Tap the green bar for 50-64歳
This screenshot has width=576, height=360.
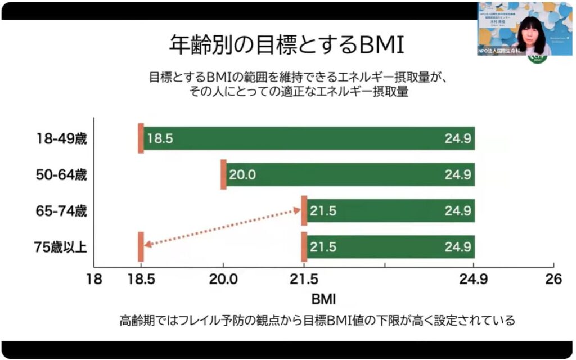[x=349, y=174]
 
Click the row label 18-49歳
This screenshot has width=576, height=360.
[x=60, y=138]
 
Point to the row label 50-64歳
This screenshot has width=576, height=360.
[x=60, y=174]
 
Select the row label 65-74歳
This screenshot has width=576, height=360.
[x=60, y=211]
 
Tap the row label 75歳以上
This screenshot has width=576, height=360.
[x=60, y=246]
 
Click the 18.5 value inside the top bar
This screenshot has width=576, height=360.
[x=159, y=138]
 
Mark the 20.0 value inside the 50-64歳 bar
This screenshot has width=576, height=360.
[x=242, y=174]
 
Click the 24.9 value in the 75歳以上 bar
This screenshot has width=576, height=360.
[x=457, y=246]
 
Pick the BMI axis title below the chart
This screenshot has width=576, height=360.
[x=323, y=297]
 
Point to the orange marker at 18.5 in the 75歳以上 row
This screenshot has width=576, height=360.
[x=141, y=246]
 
